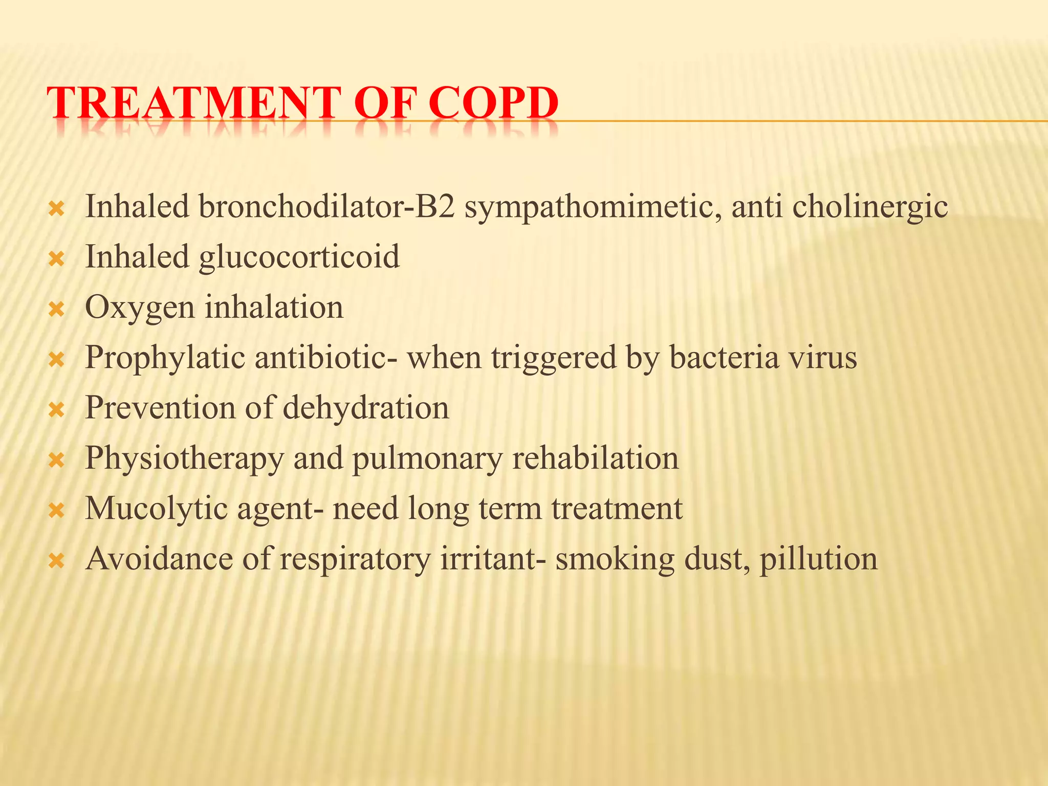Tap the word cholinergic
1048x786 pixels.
(x=870, y=208)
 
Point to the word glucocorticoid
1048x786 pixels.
(x=299, y=257)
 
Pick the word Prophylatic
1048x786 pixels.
(x=165, y=358)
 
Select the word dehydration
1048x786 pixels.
(x=365, y=408)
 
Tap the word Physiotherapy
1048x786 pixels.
(x=184, y=458)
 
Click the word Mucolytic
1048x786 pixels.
(x=156, y=509)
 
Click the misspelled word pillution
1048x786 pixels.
(x=818, y=559)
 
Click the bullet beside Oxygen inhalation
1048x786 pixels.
(x=56, y=310)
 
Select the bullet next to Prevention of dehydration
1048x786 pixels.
(x=56, y=410)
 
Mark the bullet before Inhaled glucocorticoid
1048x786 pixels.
(x=56, y=259)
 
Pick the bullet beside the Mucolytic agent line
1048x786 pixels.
(x=56, y=511)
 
